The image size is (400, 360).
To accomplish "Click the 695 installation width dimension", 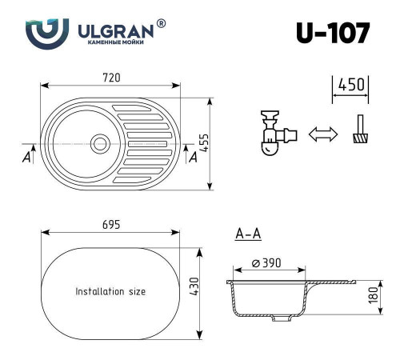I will (110, 225).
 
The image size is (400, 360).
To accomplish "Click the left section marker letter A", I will (27, 157).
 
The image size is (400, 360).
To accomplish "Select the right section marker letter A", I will (192, 157).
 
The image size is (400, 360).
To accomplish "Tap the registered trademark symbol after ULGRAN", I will (162, 24).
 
